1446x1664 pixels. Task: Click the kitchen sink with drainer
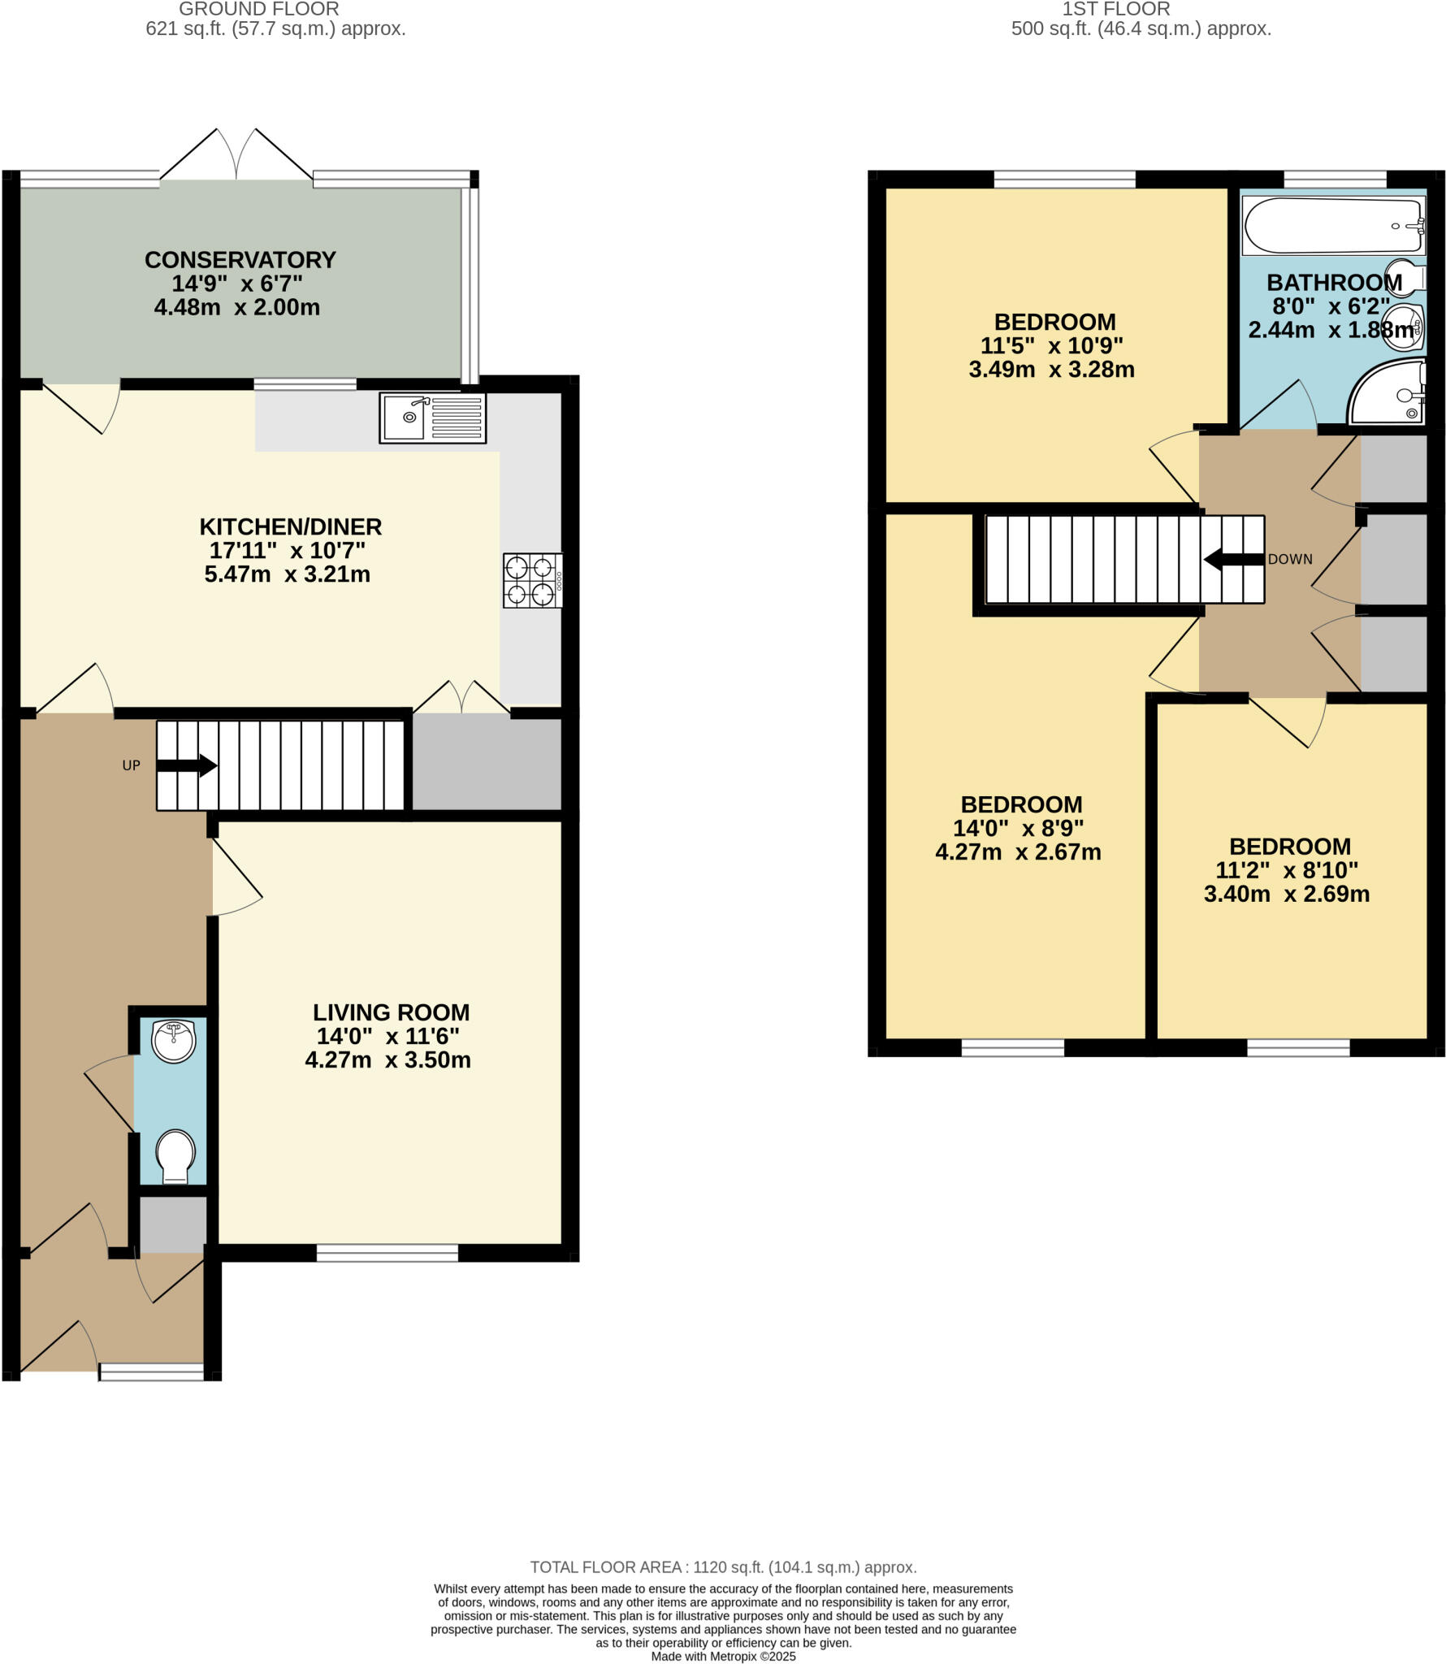(432, 418)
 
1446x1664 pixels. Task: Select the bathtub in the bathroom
(1333, 225)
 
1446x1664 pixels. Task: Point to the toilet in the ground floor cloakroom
(175, 1156)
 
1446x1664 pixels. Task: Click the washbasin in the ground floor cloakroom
(175, 1042)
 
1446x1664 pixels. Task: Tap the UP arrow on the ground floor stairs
(186, 765)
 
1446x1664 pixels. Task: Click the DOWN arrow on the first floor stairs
(1234, 559)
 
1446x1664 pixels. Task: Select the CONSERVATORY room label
(240, 260)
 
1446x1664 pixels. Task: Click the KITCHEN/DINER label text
(291, 526)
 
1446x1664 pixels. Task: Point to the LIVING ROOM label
(391, 1012)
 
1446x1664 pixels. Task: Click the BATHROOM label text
(1334, 283)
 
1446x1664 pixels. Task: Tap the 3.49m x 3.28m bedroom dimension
(1051, 370)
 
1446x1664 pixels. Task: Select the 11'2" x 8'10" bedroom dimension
(1287, 870)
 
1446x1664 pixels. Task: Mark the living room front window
(387, 1253)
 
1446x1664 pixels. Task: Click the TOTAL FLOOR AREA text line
(723, 1567)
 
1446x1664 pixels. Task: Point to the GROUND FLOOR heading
(259, 10)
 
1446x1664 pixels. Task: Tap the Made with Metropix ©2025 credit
(723, 1656)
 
